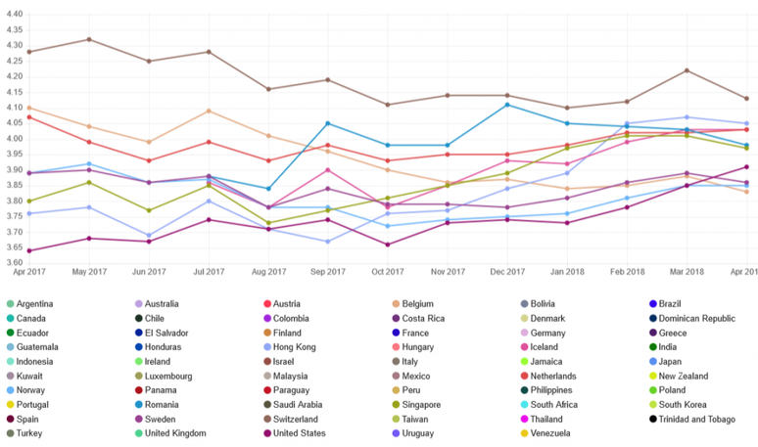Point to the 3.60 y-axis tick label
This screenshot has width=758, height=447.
coord(15,263)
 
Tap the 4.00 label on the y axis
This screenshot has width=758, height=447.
coord(15,139)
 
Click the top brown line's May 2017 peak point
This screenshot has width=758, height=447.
coord(89,39)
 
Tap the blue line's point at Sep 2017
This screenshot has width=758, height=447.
coord(328,123)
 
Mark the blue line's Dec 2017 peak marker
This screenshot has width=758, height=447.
coord(507,105)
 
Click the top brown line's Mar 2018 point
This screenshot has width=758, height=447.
coord(687,70)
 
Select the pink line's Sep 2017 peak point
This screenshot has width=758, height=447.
coord(328,170)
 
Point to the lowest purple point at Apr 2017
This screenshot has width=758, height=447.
coord(29,250)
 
